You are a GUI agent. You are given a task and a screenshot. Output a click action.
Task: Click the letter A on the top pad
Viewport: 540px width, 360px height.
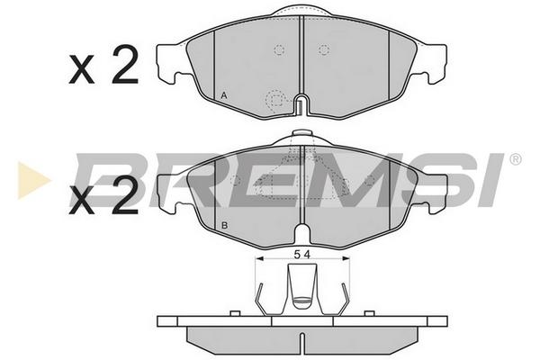[x=224, y=95]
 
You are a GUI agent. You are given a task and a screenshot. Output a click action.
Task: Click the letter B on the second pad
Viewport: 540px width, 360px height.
[x=224, y=226]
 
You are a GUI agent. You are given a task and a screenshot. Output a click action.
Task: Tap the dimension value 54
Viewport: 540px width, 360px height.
[x=302, y=255]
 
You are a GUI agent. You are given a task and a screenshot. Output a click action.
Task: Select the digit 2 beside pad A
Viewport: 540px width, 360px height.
[x=125, y=65]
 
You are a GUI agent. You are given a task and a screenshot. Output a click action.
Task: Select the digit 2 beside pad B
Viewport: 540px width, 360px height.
[x=125, y=194]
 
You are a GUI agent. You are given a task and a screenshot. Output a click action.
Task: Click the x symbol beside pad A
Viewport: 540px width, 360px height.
[x=82, y=70]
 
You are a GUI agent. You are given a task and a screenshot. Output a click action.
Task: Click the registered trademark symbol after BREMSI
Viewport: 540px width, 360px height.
[x=515, y=159]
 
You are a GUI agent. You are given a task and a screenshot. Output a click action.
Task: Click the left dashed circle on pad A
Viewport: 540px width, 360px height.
[x=279, y=50]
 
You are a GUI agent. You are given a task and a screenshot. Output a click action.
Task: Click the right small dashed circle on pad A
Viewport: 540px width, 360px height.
[x=324, y=50]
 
